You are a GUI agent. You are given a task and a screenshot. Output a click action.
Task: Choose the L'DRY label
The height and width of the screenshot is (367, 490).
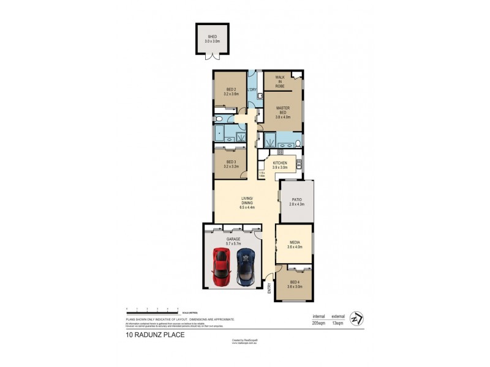(x=251, y=91)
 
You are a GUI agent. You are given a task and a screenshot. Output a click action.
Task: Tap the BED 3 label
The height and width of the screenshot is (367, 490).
(x=230, y=163)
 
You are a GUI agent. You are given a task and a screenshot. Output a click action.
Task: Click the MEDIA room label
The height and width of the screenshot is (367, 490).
(x=295, y=245)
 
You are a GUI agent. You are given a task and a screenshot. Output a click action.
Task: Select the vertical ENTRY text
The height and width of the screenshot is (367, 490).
(x=269, y=292)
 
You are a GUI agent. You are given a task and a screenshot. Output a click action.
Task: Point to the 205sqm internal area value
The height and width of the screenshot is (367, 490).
(x=318, y=322)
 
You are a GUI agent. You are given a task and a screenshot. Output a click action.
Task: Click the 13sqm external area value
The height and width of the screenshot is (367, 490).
(x=337, y=322)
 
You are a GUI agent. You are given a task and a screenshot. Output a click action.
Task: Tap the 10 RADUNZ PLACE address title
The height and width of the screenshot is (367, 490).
(x=155, y=335)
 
